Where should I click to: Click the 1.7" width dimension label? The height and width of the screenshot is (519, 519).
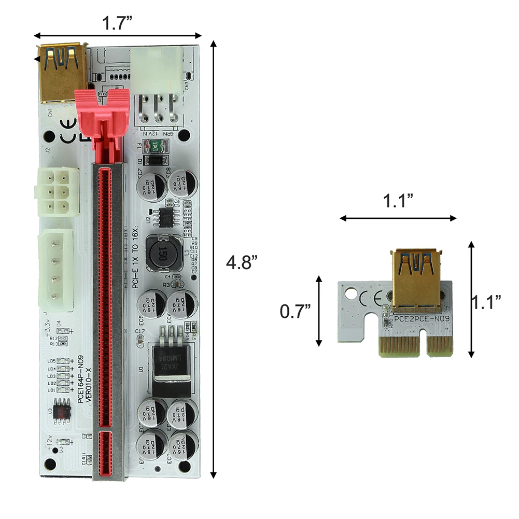coord(117,23)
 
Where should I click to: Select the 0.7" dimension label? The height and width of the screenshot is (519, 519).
coord(295,311)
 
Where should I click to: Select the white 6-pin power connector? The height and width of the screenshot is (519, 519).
coord(57,191)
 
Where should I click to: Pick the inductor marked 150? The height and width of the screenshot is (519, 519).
coord(162,253)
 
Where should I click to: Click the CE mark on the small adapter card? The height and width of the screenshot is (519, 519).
coord(373,298)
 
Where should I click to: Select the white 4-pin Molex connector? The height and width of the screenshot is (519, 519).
coord(55,270)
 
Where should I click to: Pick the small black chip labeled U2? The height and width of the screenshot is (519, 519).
coord(166,217)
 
